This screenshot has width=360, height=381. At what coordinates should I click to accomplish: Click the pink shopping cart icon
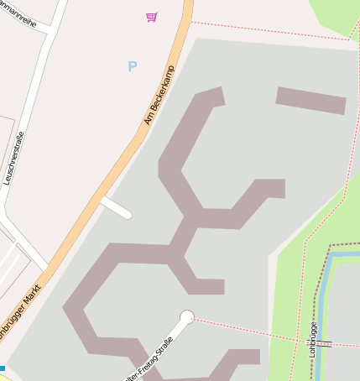click(x=151, y=16)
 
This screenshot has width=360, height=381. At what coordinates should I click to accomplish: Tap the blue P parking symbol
click(x=132, y=66)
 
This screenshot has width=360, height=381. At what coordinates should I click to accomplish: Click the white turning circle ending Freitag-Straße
click(x=187, y=317)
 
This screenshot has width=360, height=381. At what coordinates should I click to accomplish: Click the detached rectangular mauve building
click(x=310, y=100)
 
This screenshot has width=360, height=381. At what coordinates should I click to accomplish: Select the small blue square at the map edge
click(x=3, y=368)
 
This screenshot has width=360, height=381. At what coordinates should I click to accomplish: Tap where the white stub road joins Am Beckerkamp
click(x=104, y=200)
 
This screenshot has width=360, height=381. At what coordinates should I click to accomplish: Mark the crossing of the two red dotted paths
click(x=300, y=340)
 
